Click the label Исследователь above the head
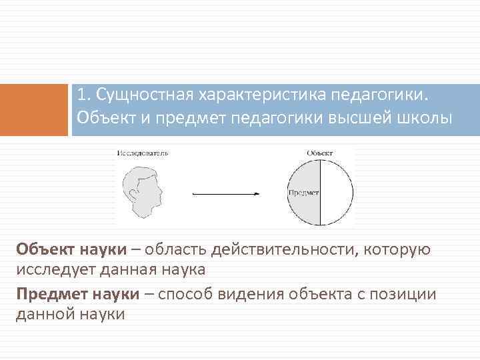point(143,153)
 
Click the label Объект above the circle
point(319,153)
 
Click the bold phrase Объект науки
point(71,250)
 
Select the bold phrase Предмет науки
point(78,294)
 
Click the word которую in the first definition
point(399,250)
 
